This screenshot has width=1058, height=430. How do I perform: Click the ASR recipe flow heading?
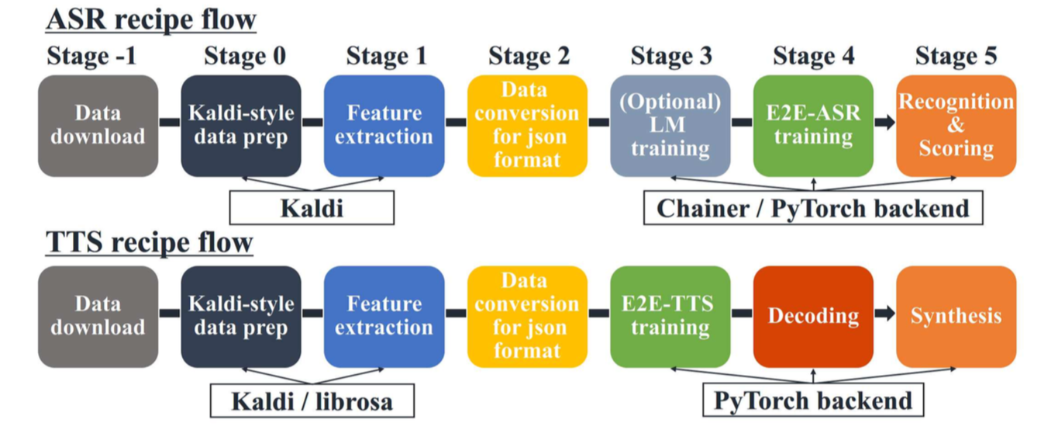click(x=151, y=19)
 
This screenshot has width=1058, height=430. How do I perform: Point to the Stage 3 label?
click(x=670, y=56)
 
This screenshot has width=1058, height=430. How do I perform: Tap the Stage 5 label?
click(x=956, y=56)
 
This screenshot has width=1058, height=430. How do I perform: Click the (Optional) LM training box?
click(x=670, y=125)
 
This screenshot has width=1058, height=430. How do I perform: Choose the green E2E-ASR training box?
click(x=813, y=125)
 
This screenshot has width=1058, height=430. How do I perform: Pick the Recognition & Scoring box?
click(x=956, y=125)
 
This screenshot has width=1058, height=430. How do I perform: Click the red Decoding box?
click(x=813, y=316)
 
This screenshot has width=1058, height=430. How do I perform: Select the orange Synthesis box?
click(x=956, y=316)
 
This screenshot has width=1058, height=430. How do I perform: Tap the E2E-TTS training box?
click(x=670, y=316)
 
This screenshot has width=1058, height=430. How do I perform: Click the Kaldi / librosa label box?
click(x=312, y=401)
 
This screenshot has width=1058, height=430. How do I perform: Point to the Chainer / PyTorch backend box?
click(x=813, y=208)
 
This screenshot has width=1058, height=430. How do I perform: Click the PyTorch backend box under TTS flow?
click(x=813, y=401)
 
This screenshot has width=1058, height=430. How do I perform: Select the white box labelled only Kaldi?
click(x=312, y=208)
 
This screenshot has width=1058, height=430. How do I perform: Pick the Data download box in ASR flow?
click(x=98, y=125)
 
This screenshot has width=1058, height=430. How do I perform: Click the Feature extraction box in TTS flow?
click(x=384, y=316)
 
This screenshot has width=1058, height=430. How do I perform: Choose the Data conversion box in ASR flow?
click(x=527, y=125)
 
